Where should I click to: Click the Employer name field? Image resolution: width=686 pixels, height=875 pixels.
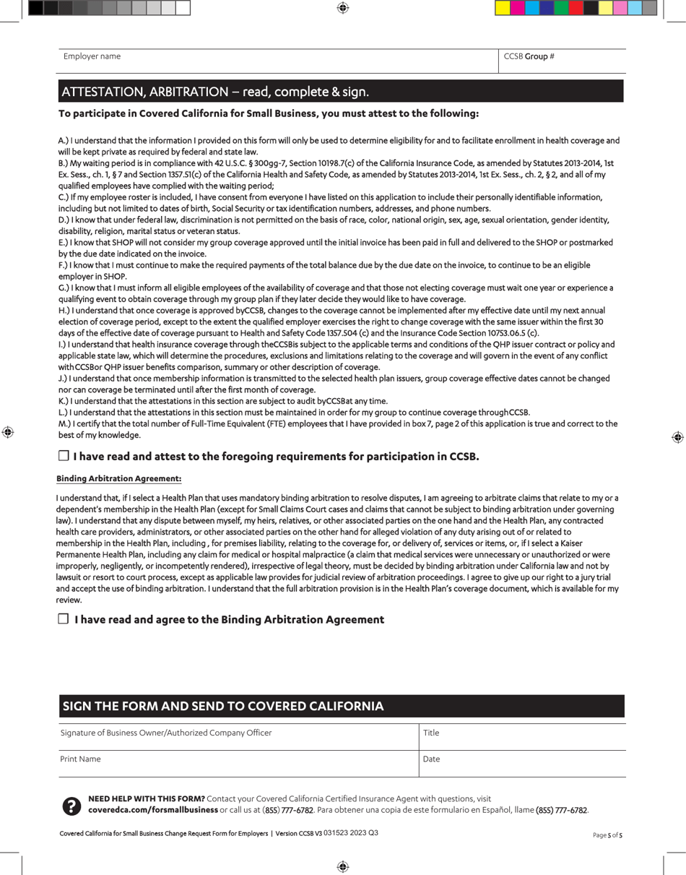click(278, 61)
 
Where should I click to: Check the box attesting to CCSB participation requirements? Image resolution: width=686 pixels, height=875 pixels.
click(64, 456)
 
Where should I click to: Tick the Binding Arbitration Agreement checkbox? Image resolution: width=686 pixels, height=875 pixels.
click(64, 618)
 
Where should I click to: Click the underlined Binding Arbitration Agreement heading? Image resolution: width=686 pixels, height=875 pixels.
click(119, 478)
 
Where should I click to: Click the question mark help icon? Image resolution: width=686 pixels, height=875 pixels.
click(71, 806)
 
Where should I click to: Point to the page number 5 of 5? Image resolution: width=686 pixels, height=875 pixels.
click(607, 835)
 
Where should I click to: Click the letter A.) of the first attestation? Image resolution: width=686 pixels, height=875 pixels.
click(63, 140)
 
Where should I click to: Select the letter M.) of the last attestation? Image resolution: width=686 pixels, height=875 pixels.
click(64, 423)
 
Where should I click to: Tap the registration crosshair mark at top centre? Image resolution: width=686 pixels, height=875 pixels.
click(343, 8)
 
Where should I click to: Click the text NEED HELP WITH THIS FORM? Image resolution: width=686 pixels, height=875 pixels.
click(146, 798)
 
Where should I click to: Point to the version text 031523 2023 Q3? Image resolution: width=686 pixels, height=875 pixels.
click(351, 833)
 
